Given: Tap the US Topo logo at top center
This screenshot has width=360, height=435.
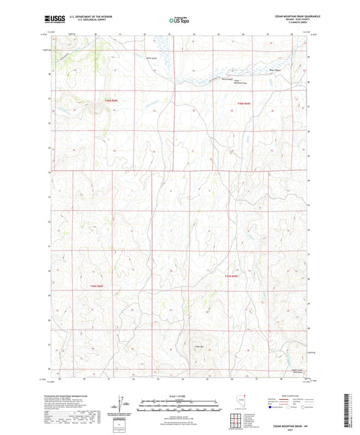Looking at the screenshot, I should (x=178, y=21).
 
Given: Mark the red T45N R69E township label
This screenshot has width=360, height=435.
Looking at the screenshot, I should (x=232, y=276).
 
